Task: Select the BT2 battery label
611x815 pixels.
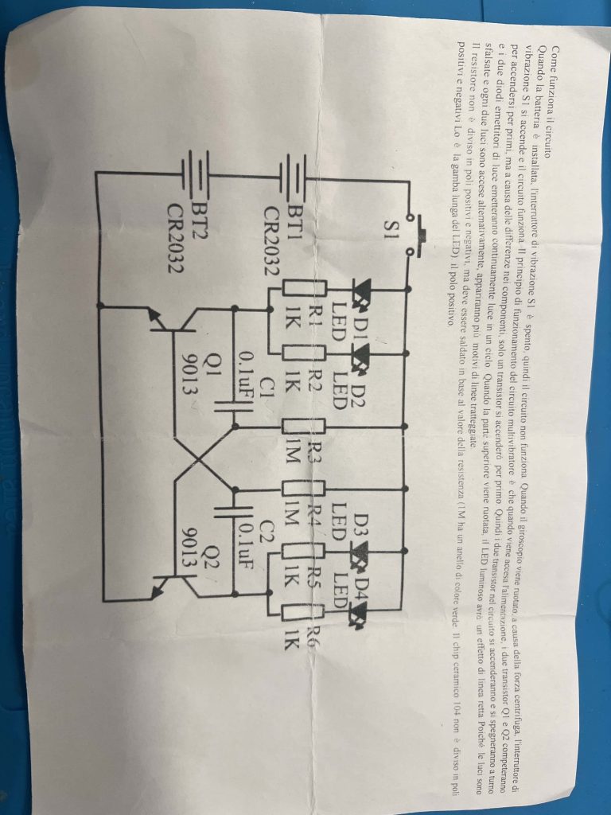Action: (x=194, y=213)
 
